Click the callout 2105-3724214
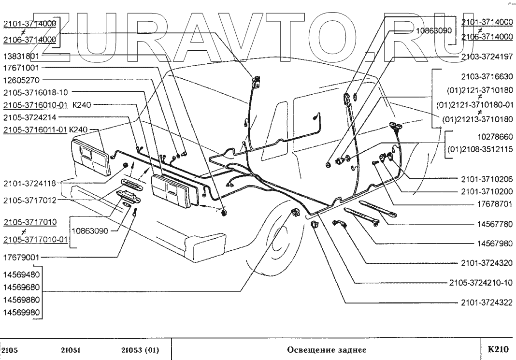(29, 117)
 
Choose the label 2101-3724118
(29, 183)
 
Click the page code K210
(499, 348)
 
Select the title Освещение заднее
(327, 349)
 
